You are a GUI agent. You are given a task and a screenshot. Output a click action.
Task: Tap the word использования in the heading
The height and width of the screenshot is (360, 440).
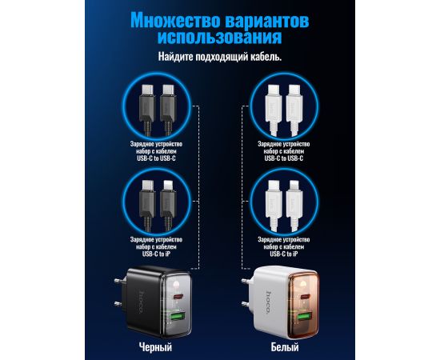click(x=220, y=37)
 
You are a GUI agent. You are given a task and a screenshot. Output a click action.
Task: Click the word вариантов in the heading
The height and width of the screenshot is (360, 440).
click(x=267, y=21)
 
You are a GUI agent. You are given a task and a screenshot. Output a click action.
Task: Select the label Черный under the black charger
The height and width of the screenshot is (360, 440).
click(x=155, y=347)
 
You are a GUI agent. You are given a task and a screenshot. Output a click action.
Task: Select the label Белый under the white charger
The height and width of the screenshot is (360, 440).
click(x=285, y=347)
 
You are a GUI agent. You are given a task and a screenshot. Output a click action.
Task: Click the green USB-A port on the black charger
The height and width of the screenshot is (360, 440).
click(x=176, y=317)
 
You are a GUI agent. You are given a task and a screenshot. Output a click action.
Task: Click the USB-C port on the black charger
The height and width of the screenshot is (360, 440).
click(x=178, y=297)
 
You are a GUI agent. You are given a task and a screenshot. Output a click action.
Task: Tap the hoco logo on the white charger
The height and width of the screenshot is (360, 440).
click(x=269, y=302)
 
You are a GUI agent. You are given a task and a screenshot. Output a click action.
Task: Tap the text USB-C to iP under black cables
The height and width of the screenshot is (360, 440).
click(x=156, y=254)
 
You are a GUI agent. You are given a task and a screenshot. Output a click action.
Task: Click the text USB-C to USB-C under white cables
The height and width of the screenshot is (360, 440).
click(x=284, y=158)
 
